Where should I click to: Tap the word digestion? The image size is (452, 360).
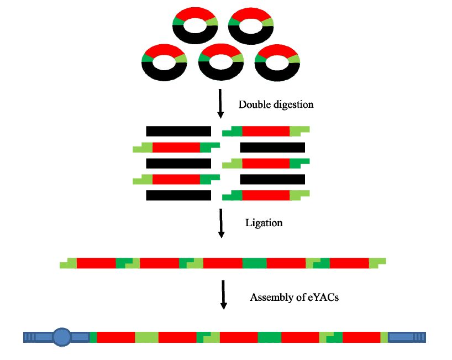[x=292, y=104]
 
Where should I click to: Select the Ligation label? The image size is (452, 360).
[x=264, y=223]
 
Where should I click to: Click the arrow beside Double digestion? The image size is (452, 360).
[x=220, y=103]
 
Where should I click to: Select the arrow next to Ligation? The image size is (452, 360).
[x=221, y=223]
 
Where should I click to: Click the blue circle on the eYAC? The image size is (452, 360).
[x=62, y=336]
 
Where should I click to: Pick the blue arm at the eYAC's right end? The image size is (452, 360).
[x=407, y=336]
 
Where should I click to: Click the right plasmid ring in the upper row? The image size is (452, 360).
[x=251, y=25]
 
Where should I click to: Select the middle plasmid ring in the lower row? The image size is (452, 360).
[x=221, y=62]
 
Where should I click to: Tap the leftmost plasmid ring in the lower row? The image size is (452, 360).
[x=165, y=62]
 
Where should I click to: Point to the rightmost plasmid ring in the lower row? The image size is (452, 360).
[x=278, y=62]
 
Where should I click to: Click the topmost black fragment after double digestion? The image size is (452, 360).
[x=178, y=131]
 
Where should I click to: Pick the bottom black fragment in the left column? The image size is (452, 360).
[x=178, y=195]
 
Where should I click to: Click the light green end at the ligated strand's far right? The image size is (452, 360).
[x=377, y=263]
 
